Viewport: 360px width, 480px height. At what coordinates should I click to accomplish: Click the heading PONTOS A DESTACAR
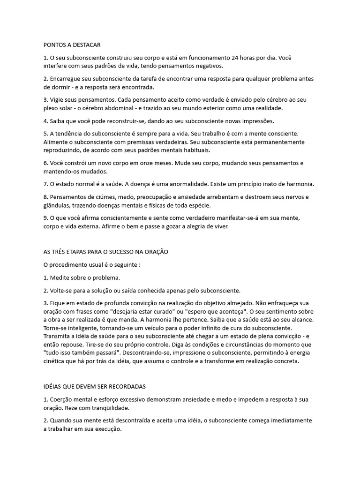coord(72,45)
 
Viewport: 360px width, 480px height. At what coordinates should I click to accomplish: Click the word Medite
coord(60,277)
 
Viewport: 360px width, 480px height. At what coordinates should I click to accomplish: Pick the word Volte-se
coord(61,291)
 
